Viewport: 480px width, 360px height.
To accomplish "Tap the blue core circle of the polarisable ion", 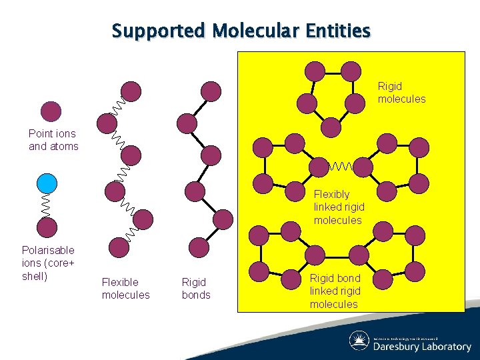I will click(47, 183).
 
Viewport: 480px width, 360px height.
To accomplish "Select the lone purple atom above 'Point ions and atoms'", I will click(51, 111).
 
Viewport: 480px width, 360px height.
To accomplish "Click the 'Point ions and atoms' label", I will click(53, 140).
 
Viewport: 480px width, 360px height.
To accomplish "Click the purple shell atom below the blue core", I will click(47, 227).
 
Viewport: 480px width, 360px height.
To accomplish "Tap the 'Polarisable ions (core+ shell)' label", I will click(48, 263).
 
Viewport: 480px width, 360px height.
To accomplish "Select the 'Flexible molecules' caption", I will click(125, 289).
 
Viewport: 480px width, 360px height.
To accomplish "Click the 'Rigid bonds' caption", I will click(196, 289).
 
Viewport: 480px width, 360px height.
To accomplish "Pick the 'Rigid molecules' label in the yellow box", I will click(401, 93).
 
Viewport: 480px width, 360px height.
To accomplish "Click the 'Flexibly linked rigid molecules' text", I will click(339, 207).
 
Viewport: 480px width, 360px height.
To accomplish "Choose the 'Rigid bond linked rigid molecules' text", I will click(335, 291).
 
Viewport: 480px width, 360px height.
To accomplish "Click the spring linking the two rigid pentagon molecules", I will click(341, 165).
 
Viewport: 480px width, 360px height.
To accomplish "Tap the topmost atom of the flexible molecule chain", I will click(132, 91).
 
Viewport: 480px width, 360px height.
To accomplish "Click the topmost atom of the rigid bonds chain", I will click(211, 91).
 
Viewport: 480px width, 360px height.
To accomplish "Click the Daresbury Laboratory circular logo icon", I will click(359, 341).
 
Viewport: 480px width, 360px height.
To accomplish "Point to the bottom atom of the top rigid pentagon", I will click(331, 127).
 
